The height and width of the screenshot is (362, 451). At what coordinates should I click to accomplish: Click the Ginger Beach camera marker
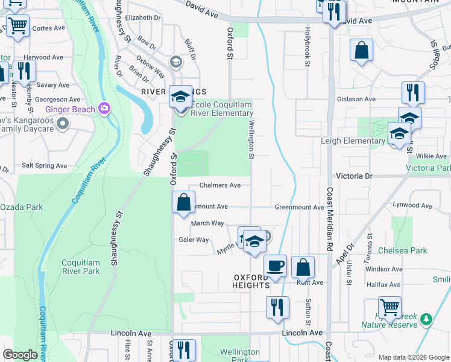(105, 109)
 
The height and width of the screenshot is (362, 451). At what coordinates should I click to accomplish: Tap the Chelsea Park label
(402, 250)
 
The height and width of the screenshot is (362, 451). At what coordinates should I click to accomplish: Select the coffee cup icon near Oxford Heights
(276, 265)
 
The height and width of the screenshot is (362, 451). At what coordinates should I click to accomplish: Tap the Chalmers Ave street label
(219, 185)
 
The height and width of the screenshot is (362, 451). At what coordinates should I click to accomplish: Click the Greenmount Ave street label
(300, 207)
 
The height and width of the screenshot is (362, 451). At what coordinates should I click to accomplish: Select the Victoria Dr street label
(353, 176)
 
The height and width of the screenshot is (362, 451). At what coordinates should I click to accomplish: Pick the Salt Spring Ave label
(44, 165)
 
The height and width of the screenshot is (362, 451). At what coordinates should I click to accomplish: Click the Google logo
(20, 355)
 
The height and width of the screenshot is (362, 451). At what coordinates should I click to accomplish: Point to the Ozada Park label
(21, 207)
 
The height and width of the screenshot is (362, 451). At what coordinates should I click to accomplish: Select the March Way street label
(207, 223)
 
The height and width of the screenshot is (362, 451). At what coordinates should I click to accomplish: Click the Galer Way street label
(194, 240)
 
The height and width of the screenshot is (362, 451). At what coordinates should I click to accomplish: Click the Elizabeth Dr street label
(143, 17)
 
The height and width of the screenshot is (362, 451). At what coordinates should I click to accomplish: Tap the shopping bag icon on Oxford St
(183, 202)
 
